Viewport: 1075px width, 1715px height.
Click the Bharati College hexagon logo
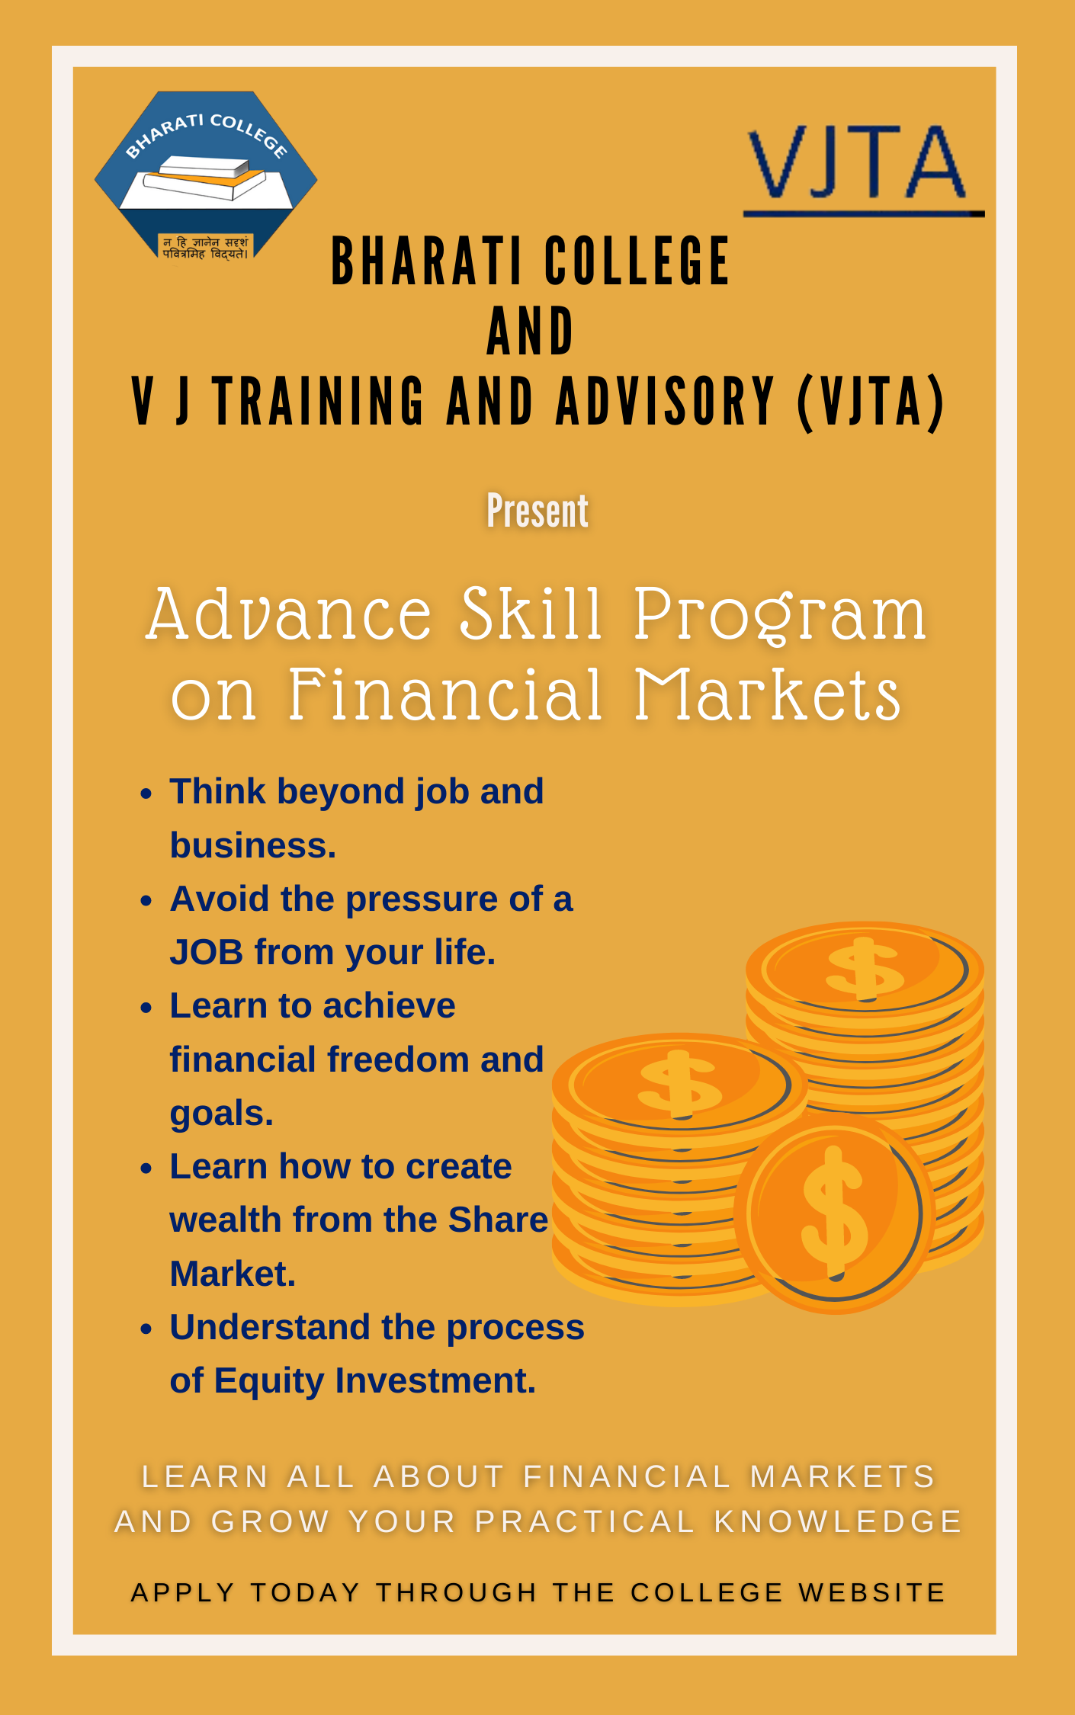pyautogui.click(x=206, y=175)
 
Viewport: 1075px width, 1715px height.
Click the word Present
pyautogui.click(x=537, y=511)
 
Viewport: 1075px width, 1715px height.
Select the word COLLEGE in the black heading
pyautogui.click(x=637, y=261)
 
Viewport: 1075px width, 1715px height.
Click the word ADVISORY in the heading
pyautogui.click(x=665, y=402)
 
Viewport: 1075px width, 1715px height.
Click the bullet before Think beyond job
pyautogui.click(x=147, y=793)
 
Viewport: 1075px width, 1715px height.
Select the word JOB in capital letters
pyautogui.click(x=207, y=952)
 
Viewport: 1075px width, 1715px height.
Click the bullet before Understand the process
pyautogui.click(x=147, y=1329)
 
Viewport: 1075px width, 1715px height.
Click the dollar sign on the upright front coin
pyautogui.click(x=834, y=1212)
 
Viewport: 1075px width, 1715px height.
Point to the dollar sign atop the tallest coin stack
pyautogui.click(x=865, y=968)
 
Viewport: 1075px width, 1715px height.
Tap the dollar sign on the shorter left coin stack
pyautogui.click(x=679, y=1082)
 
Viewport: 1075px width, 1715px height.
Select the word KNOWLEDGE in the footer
pyautogui.click(x=839, y=1522)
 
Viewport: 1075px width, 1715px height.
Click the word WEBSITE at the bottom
pyautogui.click(x=872, y=1592)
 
